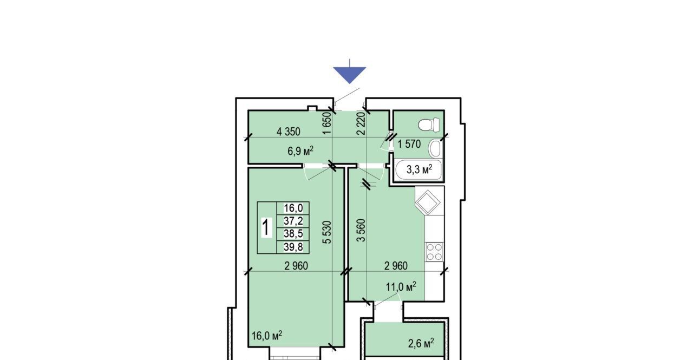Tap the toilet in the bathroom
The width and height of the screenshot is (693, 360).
coord(429,125)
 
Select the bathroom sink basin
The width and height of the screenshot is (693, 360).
coord(435,148)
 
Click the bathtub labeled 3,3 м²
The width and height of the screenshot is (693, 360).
coord(419,169)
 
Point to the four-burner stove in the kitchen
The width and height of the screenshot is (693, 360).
coord(434,252)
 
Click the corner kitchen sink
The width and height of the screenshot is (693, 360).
coord(428,202)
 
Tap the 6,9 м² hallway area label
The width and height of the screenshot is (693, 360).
coord(300,151)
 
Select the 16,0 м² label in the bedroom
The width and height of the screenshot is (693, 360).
coord(267,335)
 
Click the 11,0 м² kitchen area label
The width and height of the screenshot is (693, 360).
coord(401,287)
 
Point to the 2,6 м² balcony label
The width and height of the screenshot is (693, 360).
coord(421,343)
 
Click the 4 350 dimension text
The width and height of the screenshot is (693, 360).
coord(289,132)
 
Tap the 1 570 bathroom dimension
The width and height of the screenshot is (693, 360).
coord(409,144)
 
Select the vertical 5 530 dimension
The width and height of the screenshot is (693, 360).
coord(326,232)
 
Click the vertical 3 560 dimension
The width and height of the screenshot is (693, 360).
coord(361,231)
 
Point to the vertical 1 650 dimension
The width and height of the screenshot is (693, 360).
coord(326,123)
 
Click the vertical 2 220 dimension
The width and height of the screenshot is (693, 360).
coord(361,123)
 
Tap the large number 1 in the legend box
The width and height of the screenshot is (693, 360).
coord(266,227)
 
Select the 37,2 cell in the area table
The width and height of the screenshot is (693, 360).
coord(293,221)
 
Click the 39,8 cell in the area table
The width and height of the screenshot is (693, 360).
coord(293,247)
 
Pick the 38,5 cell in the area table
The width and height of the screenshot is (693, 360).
coord(293,233)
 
